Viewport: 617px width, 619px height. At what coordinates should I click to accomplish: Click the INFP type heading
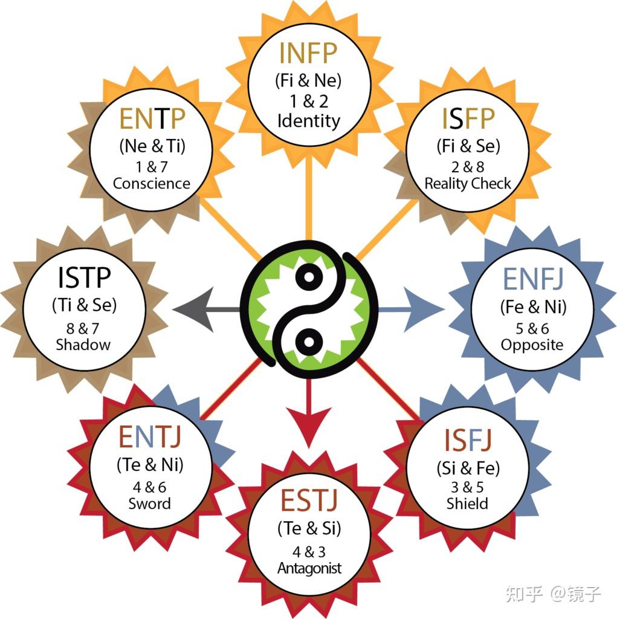[x=308, y=54]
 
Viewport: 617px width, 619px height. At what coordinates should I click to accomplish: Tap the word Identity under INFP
[x=308, y=120]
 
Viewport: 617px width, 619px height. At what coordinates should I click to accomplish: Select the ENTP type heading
[x=152, y=120]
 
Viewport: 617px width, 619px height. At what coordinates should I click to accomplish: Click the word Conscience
[x=152, y=183]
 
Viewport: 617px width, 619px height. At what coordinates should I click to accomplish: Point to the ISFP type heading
[x=468, y=120]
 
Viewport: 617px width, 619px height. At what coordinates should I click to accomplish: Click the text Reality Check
[x=468, y=183]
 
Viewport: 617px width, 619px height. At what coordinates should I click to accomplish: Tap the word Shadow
[x=83, y=345]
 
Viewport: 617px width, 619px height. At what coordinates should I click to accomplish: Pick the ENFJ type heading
[x=533, y=279]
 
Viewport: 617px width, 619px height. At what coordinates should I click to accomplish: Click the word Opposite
[x=532, y=345]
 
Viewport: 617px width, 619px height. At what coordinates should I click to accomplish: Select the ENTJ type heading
[x=150, y=436]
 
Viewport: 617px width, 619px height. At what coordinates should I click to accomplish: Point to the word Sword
[x=149, y=503]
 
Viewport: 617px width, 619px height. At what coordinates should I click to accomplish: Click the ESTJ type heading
[x=309, y=501]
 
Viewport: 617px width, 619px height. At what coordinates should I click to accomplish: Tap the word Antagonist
[x=309, y=568]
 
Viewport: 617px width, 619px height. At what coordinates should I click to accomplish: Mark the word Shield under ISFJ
[x=467, y=503]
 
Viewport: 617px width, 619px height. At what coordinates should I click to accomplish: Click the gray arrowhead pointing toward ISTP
[x=193, y=310]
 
